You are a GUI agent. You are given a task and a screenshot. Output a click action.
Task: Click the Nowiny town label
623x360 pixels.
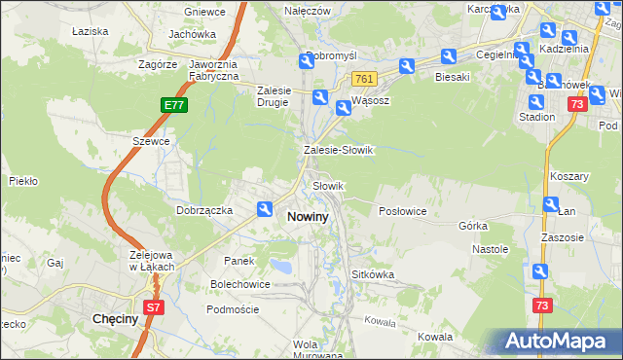[308, 217]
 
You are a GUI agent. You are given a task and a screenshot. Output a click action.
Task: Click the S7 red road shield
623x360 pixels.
[153, 307]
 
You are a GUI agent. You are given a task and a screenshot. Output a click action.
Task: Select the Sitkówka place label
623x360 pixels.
[373, 274]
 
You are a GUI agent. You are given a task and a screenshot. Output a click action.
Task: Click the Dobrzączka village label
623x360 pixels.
[203, 209]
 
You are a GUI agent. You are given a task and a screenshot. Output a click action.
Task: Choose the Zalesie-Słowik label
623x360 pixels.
[339, 151]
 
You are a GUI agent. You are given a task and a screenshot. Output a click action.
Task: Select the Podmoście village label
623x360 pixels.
[233, 308]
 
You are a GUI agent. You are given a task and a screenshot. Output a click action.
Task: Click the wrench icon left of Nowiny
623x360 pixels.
[265, 208]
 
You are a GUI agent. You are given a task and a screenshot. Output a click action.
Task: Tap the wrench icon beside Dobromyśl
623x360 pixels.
[307, 61]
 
